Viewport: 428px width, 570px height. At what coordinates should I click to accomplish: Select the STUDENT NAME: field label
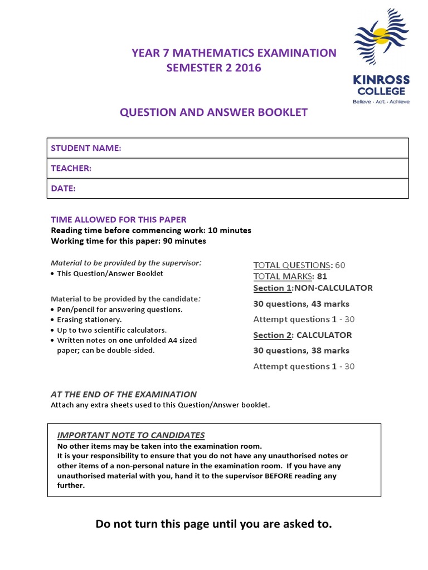pyautogui.click(x=86, y=148)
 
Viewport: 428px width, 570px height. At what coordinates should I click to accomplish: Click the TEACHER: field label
pyautogui.click(x=71, y=168)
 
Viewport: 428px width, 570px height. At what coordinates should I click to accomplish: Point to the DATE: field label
pyautogui.click(x=63, y=188)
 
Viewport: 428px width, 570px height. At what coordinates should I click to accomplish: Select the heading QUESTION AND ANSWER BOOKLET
pyautogui.click(x=213, y=112)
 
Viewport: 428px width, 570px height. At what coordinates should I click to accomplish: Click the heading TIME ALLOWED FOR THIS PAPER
pyautogui.click(x=119, y=219)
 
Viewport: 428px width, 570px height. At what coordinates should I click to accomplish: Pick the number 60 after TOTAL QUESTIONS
pyautogui.click(x=340, y=265)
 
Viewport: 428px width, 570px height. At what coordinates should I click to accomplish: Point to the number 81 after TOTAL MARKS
pyautogui.click(x=322, y=277)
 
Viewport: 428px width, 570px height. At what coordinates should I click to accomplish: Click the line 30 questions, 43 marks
pyautogui.click(x=301, y=304)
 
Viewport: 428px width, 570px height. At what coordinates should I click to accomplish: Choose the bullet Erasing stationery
pyautogui.click(x=89, y=320)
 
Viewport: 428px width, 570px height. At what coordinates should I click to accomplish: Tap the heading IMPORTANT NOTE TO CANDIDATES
pyautogui.click(x=131, y=435)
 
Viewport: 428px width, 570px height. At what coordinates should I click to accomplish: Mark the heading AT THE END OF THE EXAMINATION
pyautogui.click(x=124, y=394)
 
